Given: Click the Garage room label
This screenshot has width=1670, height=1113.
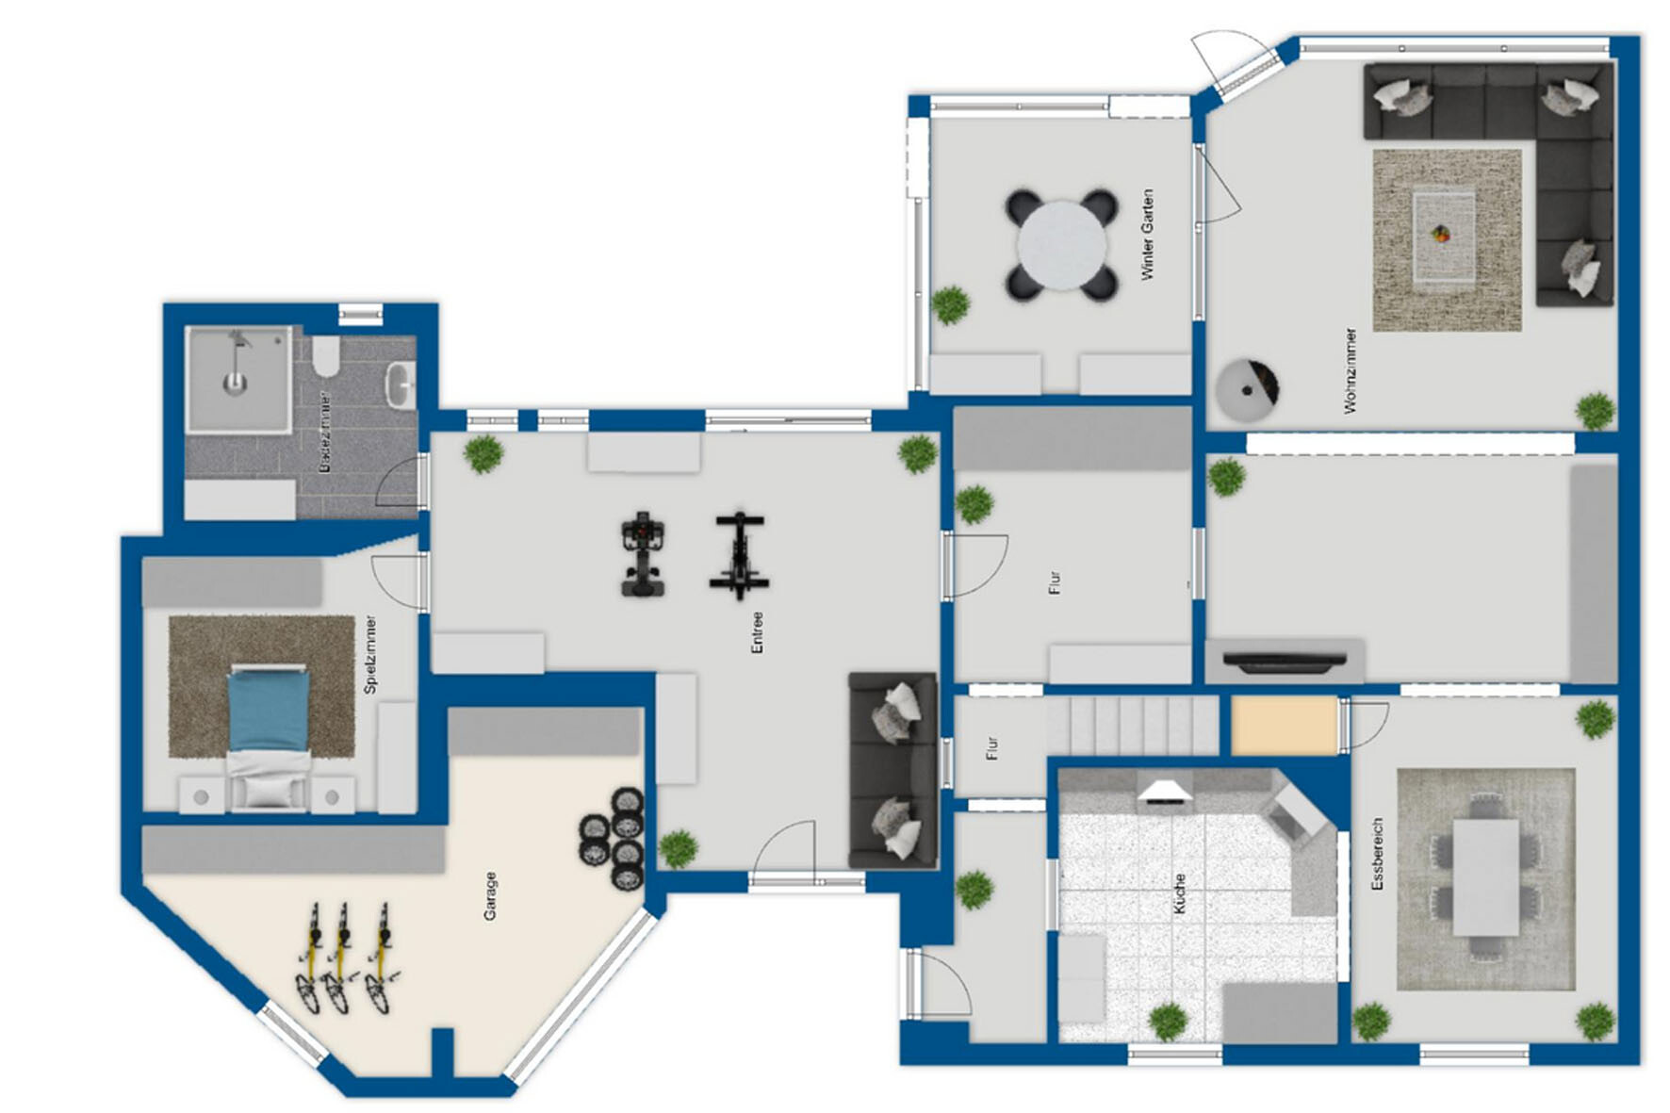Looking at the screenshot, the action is coord(490,895).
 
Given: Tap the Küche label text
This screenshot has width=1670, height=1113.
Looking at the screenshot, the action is coord(1179,892).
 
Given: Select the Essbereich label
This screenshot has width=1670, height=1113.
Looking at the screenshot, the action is coord(1377,854).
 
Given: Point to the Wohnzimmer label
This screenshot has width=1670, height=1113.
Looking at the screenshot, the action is coord(1350,370).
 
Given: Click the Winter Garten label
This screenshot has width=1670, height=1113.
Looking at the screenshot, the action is coord(1147,235).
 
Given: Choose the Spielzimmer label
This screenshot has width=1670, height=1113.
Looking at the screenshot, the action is coord(370,654).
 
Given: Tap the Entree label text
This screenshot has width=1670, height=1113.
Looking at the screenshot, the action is coord(757,632).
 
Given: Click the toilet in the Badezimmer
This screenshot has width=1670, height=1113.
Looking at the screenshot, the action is coord(326,355).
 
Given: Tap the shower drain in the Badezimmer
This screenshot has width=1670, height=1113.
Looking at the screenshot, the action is coord(234,383).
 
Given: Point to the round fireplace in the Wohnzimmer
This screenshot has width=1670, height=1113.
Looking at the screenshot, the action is coord(1247,388).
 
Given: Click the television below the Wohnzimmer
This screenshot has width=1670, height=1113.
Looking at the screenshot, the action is coord(1285,662).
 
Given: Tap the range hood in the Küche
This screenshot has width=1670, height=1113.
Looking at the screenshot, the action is coord(1166,792).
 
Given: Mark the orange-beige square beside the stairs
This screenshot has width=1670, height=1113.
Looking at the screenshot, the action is coord(1284,725).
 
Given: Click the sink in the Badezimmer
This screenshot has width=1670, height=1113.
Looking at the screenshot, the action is coord(401,384).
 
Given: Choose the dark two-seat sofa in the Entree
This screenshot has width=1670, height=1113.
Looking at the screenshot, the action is coord(892,770).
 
